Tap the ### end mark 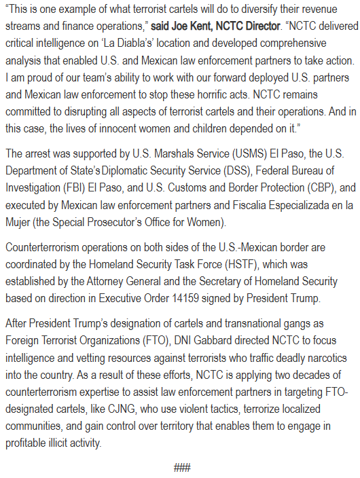(x=181, y=467)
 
